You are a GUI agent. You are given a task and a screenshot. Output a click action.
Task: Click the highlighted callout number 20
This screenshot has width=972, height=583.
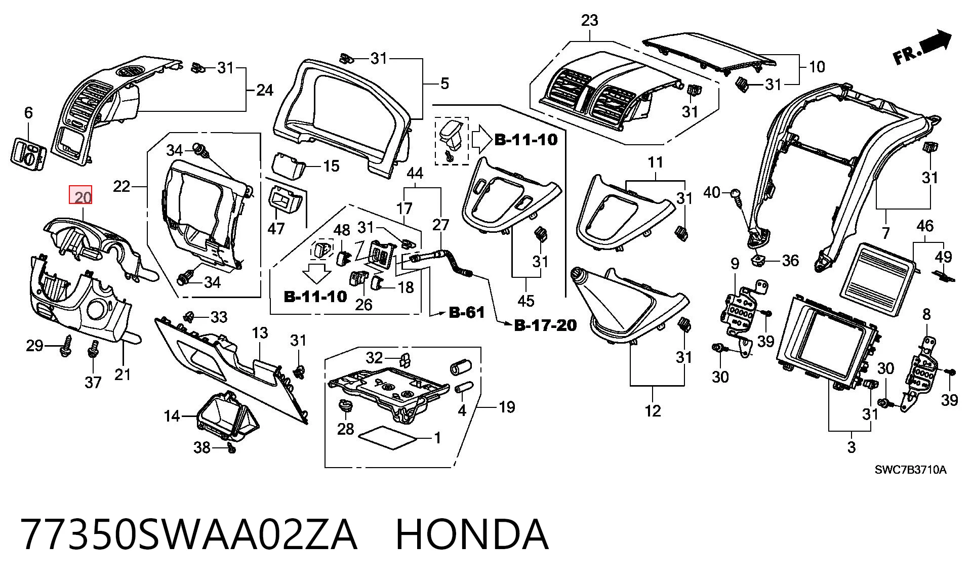click(81, 195)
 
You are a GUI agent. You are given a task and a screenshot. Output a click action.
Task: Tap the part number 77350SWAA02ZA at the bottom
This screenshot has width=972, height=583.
click(189, 535)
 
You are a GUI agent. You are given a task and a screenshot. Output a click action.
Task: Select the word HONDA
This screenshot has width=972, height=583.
click(471, 535)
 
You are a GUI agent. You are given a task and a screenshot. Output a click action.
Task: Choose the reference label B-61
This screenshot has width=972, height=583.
click(467, 313)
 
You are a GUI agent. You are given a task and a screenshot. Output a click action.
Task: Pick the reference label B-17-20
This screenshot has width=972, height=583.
click(545, 325)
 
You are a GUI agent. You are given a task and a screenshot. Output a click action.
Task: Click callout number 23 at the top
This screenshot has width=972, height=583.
click(590, 21)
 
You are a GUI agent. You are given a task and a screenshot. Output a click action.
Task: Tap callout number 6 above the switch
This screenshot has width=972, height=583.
click(28, 112)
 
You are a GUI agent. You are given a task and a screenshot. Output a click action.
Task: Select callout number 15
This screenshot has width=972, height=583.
click(331, 165)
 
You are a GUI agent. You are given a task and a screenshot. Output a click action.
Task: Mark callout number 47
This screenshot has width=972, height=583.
click(276, 228)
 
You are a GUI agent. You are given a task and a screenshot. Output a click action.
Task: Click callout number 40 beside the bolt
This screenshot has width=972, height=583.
click(712, 192)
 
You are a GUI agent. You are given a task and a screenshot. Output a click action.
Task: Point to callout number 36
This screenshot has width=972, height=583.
click(790, 261)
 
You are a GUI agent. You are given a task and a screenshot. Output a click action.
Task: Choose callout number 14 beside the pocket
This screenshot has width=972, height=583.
click(172, 416)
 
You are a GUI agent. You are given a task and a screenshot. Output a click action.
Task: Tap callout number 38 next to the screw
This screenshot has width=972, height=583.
click(202, 447)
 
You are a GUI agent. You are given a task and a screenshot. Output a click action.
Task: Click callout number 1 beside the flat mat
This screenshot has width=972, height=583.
click(437, 438)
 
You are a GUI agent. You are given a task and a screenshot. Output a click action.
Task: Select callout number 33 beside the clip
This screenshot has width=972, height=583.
click(219, 317)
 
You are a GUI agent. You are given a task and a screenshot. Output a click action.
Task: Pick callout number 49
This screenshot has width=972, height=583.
click(943, 257)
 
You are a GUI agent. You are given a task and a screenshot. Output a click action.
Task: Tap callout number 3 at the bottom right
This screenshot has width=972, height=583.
click(852, 447)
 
